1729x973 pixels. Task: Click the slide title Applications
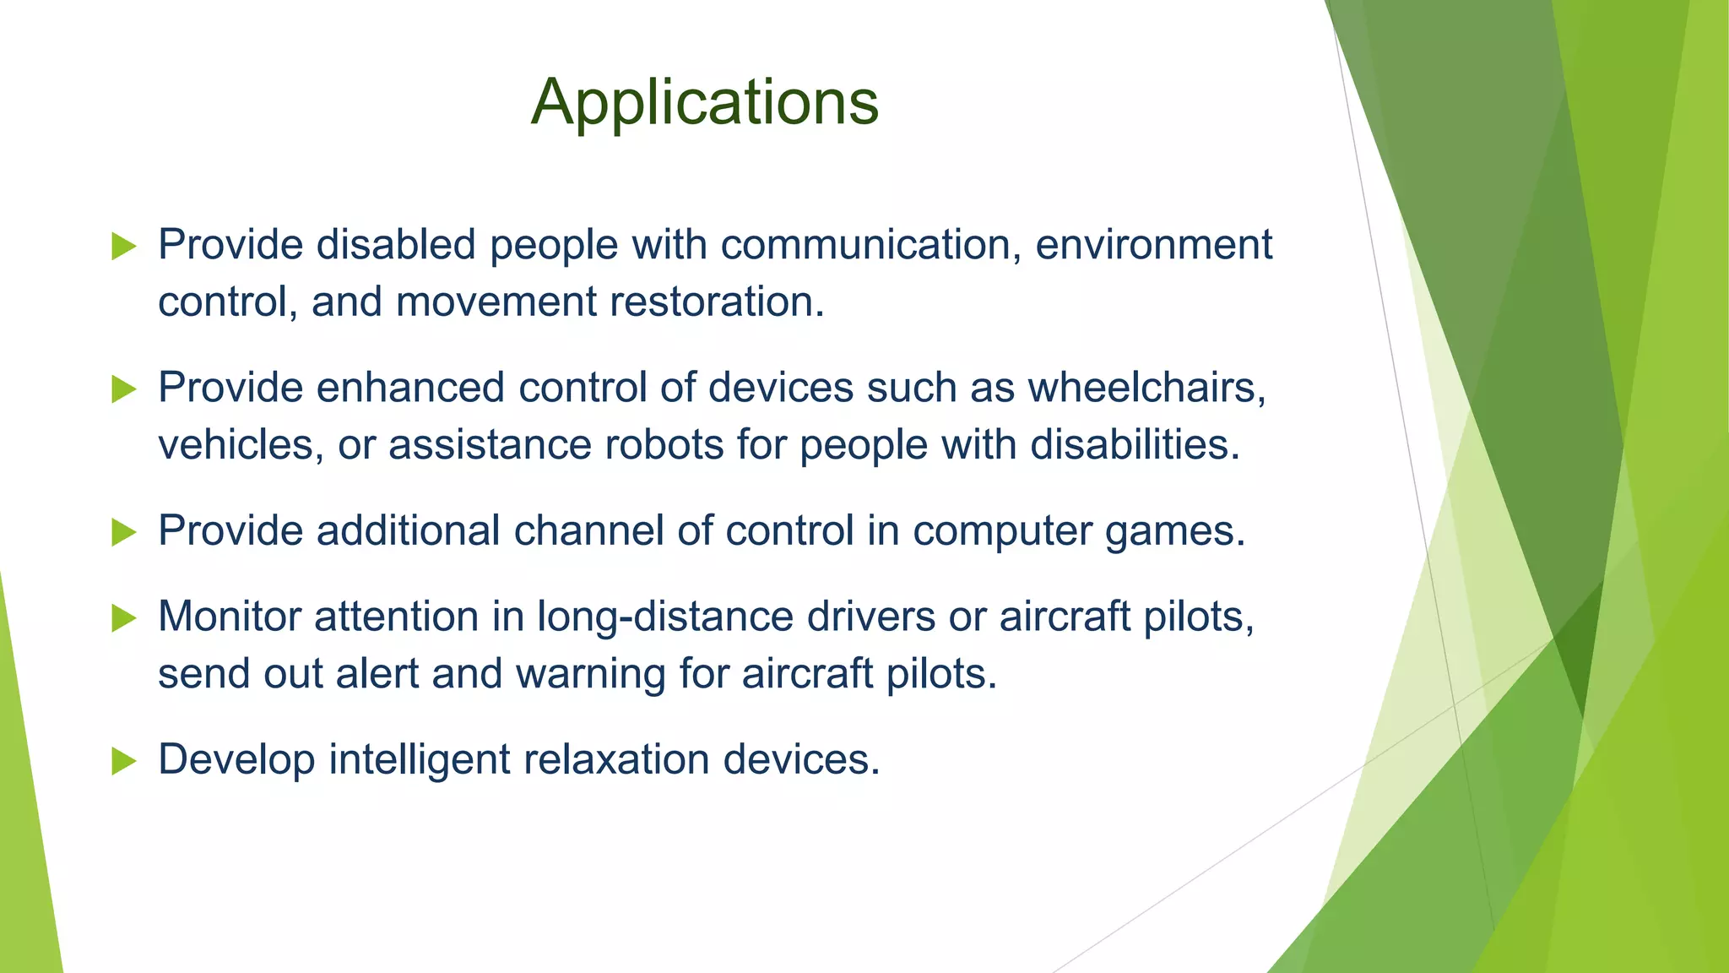point(705,102)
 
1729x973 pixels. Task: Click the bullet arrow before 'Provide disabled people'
point(123,247)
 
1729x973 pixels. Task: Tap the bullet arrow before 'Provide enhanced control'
point(123,389)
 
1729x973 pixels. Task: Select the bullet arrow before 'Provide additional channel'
point(123,532)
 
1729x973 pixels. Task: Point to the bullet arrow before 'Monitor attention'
point(123,618)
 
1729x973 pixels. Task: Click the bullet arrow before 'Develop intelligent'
point(123,761)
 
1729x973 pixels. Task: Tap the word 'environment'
point(1153,245)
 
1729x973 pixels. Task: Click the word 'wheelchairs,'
point(1146,388)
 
